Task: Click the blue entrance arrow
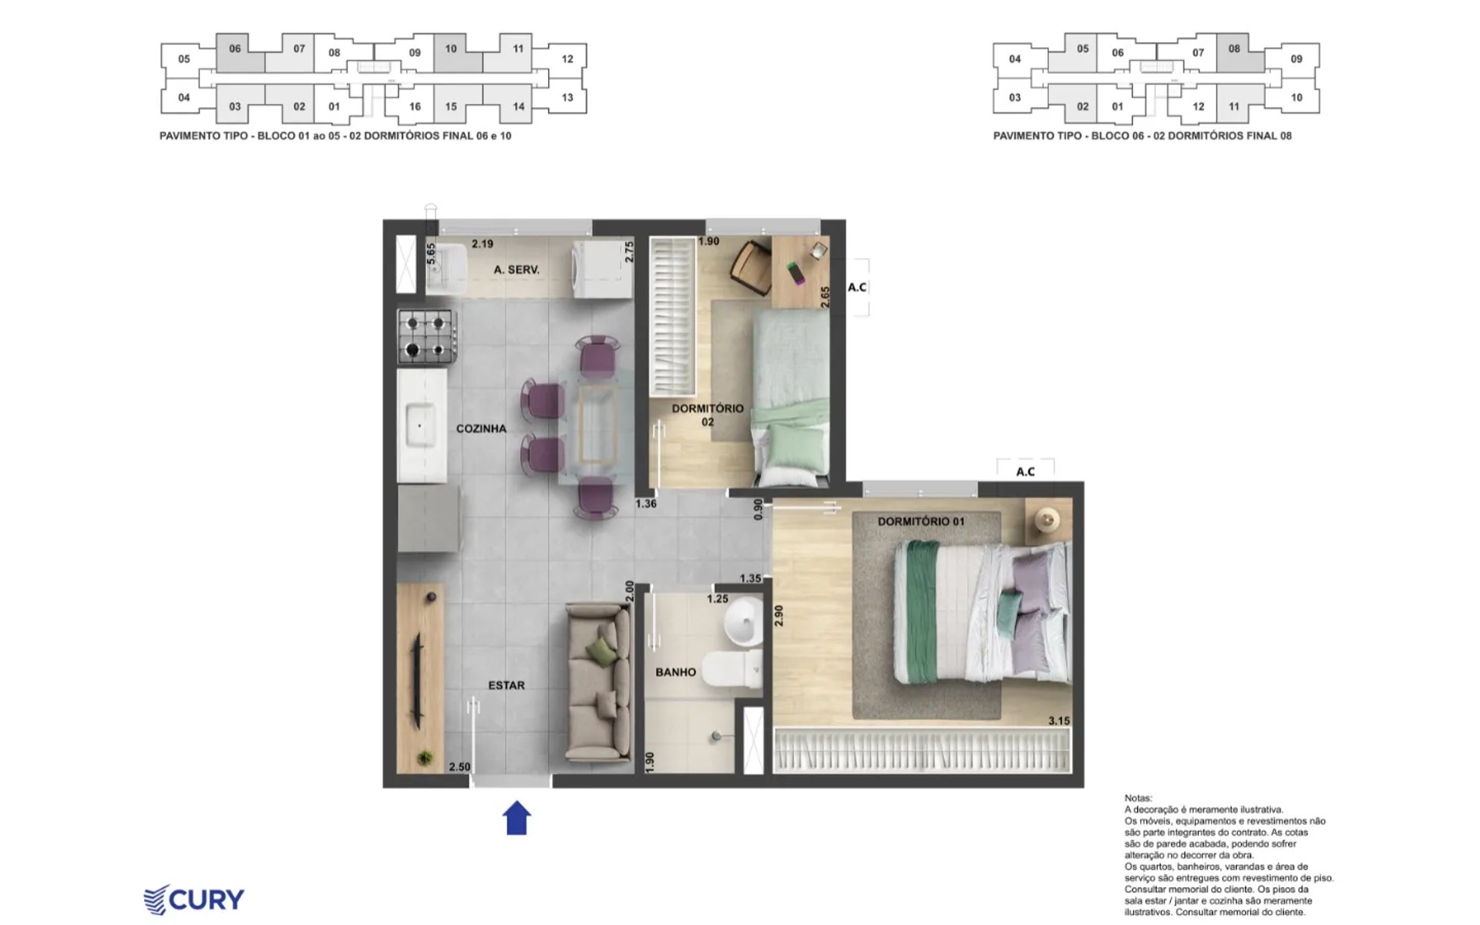516,818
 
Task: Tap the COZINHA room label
481,429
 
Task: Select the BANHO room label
675,672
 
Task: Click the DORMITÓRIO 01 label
920,522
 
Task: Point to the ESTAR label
506,685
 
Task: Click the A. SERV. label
516,270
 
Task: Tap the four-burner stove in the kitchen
426,336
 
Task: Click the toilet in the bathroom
732,668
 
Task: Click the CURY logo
194,900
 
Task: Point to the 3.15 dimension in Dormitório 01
1058,721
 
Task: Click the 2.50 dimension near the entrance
459,767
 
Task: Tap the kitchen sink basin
421,425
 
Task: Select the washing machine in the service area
602,269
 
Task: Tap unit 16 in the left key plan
415,106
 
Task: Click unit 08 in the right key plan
1235,49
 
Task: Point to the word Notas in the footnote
1139,799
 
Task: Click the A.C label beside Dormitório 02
857,288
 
